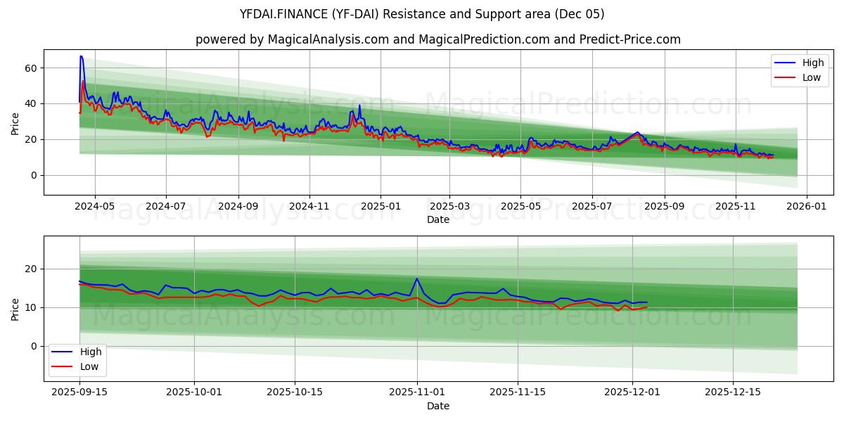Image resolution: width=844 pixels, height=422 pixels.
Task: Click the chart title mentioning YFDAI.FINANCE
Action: click(x=421, y=14)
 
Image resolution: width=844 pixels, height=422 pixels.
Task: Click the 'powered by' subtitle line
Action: click(x=437, y=39)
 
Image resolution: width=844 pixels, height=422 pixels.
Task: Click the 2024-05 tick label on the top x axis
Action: click(x=94, y=207)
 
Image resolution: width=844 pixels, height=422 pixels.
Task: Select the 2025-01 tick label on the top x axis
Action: click(x=381, y=207)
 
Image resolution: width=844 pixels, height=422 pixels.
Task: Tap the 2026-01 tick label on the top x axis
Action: click(x=806, y=207)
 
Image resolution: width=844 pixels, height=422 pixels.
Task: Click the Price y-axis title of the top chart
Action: click(x=15, y=123)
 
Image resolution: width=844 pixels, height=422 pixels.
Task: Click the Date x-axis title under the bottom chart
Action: click(x=437, y=407)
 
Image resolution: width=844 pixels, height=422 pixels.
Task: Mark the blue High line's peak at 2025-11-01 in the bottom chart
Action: click(x=417, y=278)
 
